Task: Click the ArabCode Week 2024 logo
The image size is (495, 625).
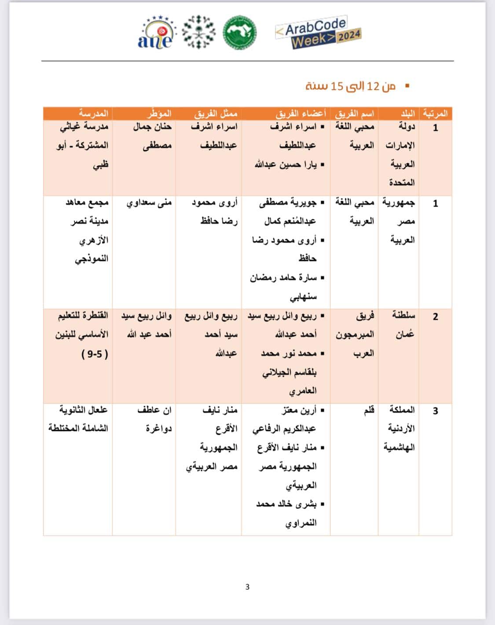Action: pyautogui.click(x=318, y=33)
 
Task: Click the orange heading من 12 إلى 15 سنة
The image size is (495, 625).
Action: pyautogui.click(x=351, y=86)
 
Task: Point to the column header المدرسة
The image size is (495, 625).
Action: pyautogui.click(x=93, y=114)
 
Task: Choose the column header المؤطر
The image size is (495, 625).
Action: pyautogui.click(x=159, y=114)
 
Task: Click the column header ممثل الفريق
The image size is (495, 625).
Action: pyautogui.click(x=216, y=114)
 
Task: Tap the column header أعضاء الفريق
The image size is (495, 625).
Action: pyautogui.click(x=301, y=114)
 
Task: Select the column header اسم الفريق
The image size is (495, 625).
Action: pyautogui.click(x=355, y=114)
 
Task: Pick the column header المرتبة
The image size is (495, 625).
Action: pyautogui.click(x=435, y=114)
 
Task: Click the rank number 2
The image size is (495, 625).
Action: pyautogui.click(x=435, y=317)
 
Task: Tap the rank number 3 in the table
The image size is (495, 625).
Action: pyautogui.click(x=435, y=411)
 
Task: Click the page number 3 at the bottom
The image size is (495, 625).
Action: pyautogui.click(x=247, y=587)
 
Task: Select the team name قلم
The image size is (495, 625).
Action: pyautogui.click(x=369, y=411)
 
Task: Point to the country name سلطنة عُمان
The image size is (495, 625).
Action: pyautogui.click(x=403, y=325)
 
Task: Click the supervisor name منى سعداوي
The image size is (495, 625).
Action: pyautogui.click(x=149, y=203)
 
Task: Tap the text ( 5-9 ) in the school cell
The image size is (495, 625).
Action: pyautogui.click(x=95, y=354)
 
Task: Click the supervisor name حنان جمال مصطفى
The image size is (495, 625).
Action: pyautogui.click(x=152, y=136)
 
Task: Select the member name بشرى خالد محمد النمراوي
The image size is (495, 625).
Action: pyautogui.click(x=287, y=513)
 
